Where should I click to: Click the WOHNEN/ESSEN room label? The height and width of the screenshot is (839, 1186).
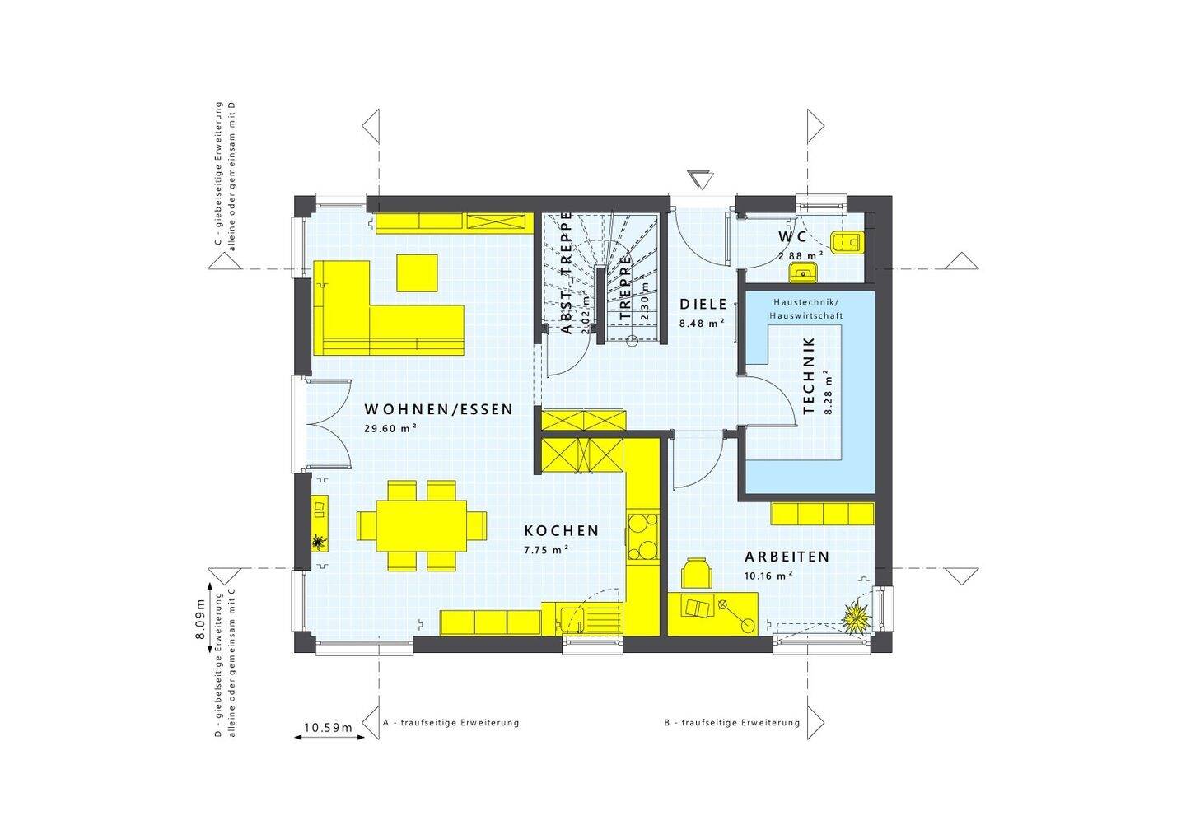(438, 409)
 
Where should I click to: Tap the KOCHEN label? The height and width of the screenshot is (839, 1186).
(562, 531)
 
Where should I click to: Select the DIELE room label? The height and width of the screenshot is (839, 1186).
(703, 305)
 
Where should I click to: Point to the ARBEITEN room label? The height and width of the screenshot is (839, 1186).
(787, 557)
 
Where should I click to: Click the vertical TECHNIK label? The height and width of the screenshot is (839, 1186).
(808, 375)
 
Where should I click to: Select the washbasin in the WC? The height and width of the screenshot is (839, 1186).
(801, 273)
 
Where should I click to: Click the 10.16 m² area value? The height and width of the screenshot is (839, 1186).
(768, 576)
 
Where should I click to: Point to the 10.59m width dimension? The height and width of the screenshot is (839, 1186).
(328, 728)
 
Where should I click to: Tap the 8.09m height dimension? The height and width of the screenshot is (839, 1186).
(200, 624)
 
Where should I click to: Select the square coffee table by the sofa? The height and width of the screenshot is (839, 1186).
(417, 273)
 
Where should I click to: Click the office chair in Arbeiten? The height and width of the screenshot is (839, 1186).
(697, 572)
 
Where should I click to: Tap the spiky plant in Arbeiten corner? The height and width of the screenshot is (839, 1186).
(854, 615)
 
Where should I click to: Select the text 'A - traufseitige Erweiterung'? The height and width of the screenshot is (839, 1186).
(451, 723)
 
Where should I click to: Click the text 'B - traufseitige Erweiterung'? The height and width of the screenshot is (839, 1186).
(732, 723)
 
